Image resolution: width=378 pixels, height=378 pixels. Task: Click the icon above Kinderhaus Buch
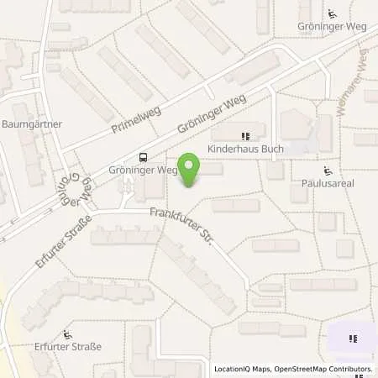[245, 136]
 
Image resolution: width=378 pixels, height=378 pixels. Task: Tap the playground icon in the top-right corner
[332, 13]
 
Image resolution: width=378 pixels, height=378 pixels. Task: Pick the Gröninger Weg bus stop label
[143, 169]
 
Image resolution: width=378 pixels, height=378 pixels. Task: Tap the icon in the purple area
[354, 339]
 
